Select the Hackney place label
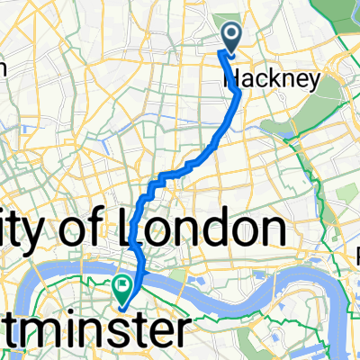(x=271, y=80)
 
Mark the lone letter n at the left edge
(x=4, y=67)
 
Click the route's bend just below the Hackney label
(x=238, y=93)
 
